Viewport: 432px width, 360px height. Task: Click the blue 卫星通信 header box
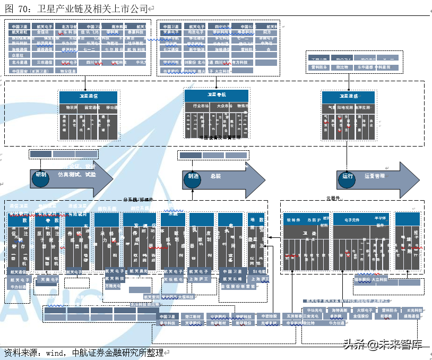point(88,97)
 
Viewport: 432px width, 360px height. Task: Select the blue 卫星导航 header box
point(216,95)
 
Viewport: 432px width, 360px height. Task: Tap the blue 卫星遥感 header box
point(348,97)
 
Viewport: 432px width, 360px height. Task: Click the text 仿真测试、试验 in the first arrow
point(77,175)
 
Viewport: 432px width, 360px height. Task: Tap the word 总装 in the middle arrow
point(215,176)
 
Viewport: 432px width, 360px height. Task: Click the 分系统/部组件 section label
point(137,199)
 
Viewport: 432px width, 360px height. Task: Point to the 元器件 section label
point(332,198)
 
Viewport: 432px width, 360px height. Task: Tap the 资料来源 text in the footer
point(22,352)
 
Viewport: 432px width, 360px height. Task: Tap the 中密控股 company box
point(269,316)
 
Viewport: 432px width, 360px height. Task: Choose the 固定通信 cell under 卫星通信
point(89,108)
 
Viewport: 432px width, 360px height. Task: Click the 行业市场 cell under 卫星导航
point(201,106)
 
